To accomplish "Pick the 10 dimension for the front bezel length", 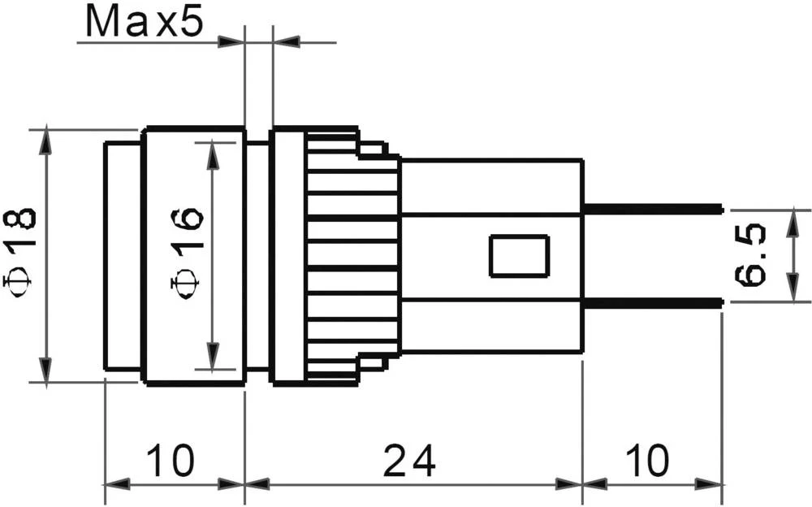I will point(171,461).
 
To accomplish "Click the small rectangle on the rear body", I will point(519,256).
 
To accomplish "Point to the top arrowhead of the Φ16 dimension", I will point(214,153).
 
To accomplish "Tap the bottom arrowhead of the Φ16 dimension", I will point(214,357).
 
